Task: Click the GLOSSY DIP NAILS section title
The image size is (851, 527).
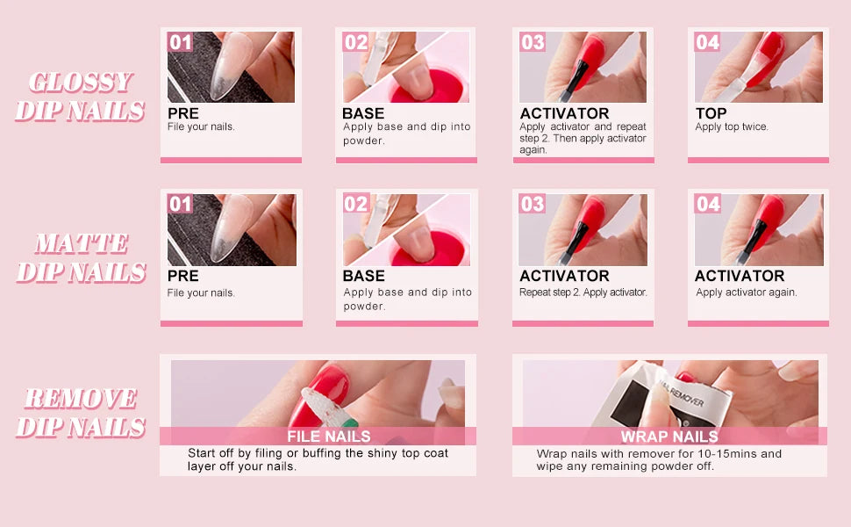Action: (81, 96)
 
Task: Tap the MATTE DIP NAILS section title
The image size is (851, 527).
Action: (82, 257)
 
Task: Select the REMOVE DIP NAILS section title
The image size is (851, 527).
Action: (82, 412)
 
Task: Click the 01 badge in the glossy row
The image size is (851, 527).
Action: (180, 42)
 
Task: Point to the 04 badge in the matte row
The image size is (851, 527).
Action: (708, 204)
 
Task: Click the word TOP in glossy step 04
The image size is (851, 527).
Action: (711, 113)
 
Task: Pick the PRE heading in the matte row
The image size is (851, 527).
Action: (182, 276)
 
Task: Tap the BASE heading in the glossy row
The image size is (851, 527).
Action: (363, 113)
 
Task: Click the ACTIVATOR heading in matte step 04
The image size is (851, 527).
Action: (740, 276)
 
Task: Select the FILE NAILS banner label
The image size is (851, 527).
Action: (329, 437)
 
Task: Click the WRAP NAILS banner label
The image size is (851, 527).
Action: (669, 437)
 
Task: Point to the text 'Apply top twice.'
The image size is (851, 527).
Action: (732, 127)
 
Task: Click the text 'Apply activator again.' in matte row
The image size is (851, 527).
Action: (747, 292)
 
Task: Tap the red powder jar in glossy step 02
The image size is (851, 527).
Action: (429, 86)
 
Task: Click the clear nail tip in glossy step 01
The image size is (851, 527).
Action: (230, 66)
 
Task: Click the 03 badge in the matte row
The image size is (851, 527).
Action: (532, 204)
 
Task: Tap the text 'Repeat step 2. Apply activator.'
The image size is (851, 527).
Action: (583, 292)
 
